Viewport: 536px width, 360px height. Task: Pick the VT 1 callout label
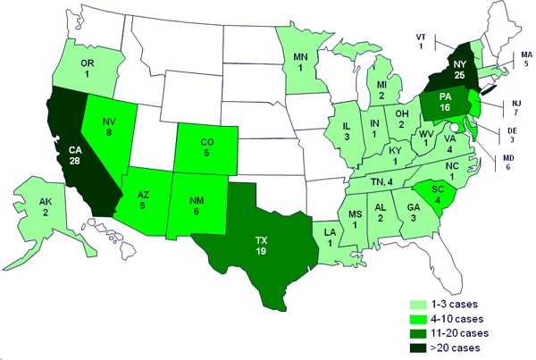[422, 40]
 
